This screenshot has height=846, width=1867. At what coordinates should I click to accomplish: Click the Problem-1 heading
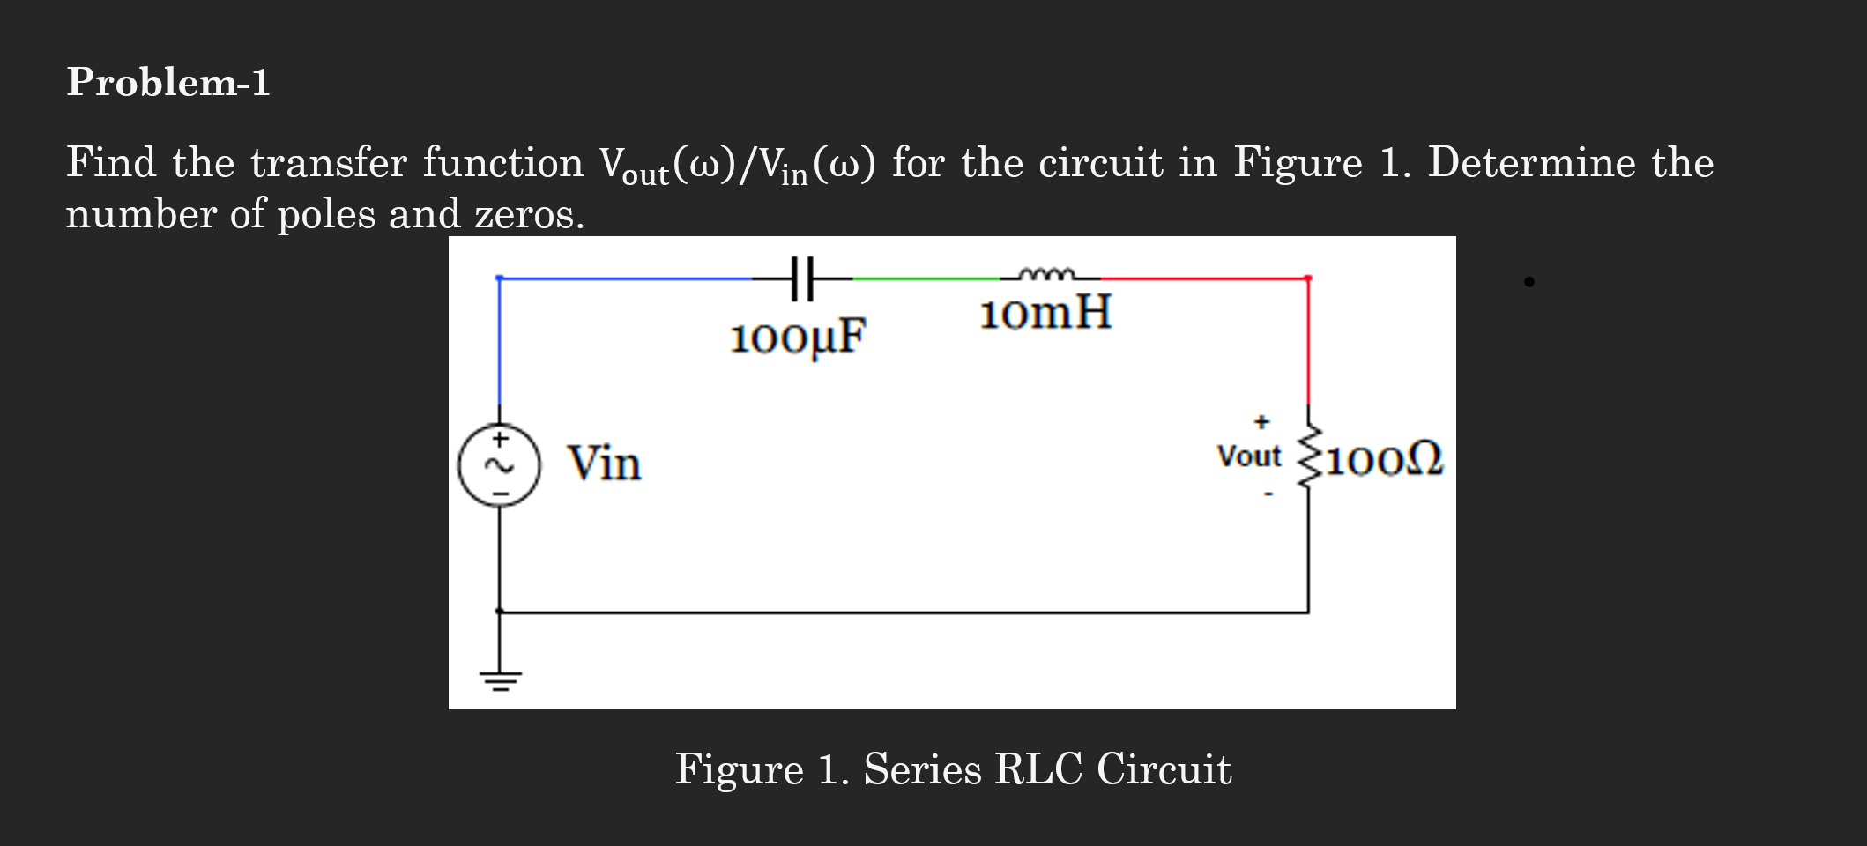pyautogui.click(x=167, y=82)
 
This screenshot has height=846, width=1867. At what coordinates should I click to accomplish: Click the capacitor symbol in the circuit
pyautogui.click(x=801, y=278)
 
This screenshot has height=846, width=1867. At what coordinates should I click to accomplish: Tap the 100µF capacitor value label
pyautogui.click(x=798, y=338)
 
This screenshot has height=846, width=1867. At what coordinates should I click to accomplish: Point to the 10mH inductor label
pyautogui.click(x=1045, y=313)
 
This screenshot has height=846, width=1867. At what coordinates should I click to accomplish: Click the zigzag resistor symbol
pyautogui.click(x=1309, y=455)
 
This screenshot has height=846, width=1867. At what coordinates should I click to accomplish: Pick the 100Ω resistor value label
pyautogui.click(x=1385, y=460)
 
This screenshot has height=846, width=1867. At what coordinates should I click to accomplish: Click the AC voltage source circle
pyautogui.click(x=499, y=464)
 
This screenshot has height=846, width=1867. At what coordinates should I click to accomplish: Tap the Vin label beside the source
pyautogui.click(x=604, y=464)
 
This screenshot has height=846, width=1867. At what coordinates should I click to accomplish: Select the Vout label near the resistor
pyautogui.click(x=1248, y=456)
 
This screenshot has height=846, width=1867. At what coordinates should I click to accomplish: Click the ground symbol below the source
pyautogui.click(x=500, y=679)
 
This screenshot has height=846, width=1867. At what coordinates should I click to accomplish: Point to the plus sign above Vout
pyautogui.click(x=1261, y=422)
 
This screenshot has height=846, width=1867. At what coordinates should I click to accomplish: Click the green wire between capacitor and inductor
pyautogui.click(x=926, y=278)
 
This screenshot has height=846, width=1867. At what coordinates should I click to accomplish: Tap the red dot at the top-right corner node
pyautogui.click(x=1308, y=278)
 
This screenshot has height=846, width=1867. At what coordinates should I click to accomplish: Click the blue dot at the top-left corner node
pyautogui.click(x=500, y=278)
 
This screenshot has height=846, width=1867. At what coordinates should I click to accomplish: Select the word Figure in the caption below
pyautogui.click(x=739, y=769)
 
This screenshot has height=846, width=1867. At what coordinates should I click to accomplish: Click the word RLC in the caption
pyautogui.click(x=1038, y=769)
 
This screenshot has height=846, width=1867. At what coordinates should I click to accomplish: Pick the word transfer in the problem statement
pyautogui.click(x=329, y=163)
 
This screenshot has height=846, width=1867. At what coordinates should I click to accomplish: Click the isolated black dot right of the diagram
pyautogui.click(x=1529, y=282)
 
